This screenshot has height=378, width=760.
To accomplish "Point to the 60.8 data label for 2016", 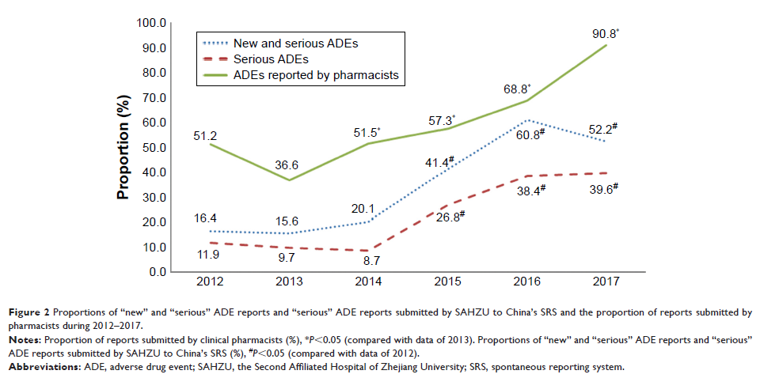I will pyautogui.click(x=529, y=135).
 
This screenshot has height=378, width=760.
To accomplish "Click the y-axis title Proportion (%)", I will pyautogui.click(x=124, y=148).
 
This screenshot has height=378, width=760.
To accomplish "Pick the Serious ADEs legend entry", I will pyautogui.click(x=271, y=59).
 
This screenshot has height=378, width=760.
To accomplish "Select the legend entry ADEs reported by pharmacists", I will pyautogui.click(x=314, y=76).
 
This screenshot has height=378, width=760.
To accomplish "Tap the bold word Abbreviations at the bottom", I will pyautogui.click(x=43, y=367).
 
